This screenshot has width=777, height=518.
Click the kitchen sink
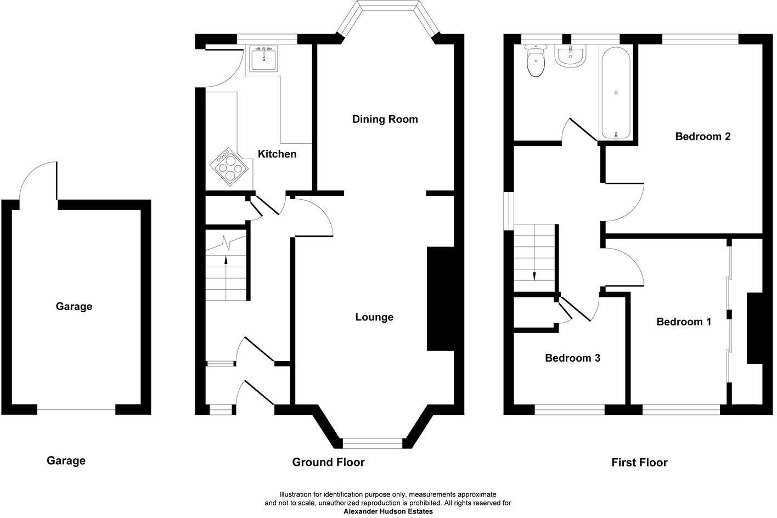[x=263, y=59]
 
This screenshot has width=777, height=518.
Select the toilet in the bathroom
[x=536, y=61]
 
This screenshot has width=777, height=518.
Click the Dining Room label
[x=385, y=119]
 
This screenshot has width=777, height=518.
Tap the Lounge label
[x=374, y=317]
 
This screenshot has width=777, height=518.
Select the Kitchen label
[x=277, y=154]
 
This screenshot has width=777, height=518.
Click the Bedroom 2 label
[x=702, y=137]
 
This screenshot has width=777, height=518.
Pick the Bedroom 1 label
[x=684, y=322]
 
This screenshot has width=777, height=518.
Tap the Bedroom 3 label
[x=572, y=358]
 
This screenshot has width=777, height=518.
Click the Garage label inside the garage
[x=74, y=307]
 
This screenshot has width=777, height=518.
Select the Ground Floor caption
[x=328, y=462]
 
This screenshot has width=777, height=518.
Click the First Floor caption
[x=639, y=463]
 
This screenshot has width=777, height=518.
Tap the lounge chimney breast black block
[x=441, y=299]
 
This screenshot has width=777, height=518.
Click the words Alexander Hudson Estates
[x=388, y=511]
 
